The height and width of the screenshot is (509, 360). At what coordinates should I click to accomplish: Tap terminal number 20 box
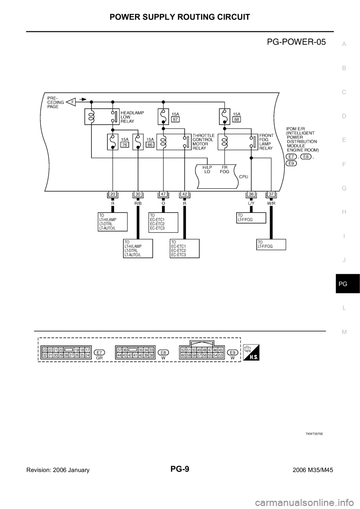112,194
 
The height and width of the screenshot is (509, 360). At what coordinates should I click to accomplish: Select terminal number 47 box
163,194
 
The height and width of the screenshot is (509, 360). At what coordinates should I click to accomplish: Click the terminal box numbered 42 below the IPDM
184,194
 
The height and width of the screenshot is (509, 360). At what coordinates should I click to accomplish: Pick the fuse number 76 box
124,145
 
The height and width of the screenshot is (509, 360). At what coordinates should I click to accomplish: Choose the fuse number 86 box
150,145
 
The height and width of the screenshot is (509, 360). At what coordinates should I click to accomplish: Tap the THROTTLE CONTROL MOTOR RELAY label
203,141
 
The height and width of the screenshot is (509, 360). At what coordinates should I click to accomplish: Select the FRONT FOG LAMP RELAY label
267,141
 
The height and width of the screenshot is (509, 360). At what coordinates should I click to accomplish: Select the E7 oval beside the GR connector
99,352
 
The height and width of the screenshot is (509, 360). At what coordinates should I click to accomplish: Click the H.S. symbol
251,352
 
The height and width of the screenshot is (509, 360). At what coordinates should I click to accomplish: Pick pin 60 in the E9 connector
183,355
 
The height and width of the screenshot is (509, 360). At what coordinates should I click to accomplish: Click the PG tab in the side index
344,284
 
